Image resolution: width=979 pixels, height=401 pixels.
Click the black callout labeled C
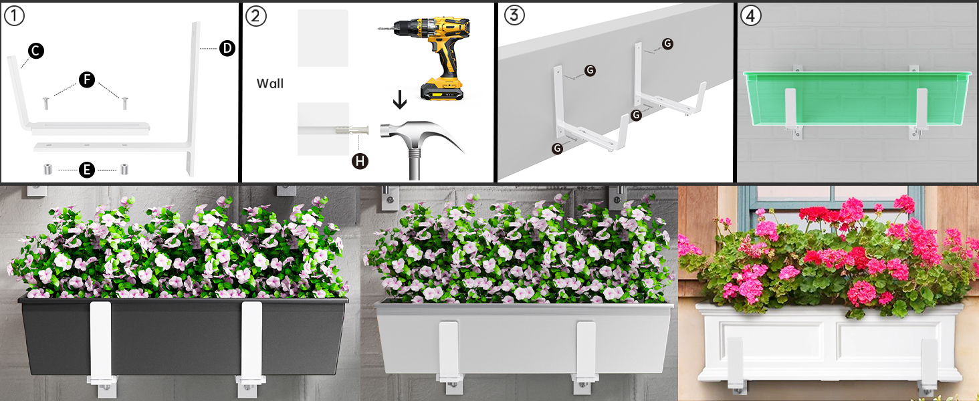pyautogui.click(x=36, y=51)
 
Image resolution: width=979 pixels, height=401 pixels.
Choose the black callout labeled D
pyautogui.click(x=227, y=48)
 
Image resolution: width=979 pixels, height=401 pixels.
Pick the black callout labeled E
pyautogui.click(x=86, y=170)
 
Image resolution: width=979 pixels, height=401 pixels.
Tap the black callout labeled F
pyautogui.click(x=86, y=80)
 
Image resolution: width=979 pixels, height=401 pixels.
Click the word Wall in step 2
pyautogui.click(x=270, y=84)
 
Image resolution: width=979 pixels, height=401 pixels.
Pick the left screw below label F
pyautogui.click(x=46, y=104)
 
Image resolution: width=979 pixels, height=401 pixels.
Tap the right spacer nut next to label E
pyautogui.click(x=124, y=170)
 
